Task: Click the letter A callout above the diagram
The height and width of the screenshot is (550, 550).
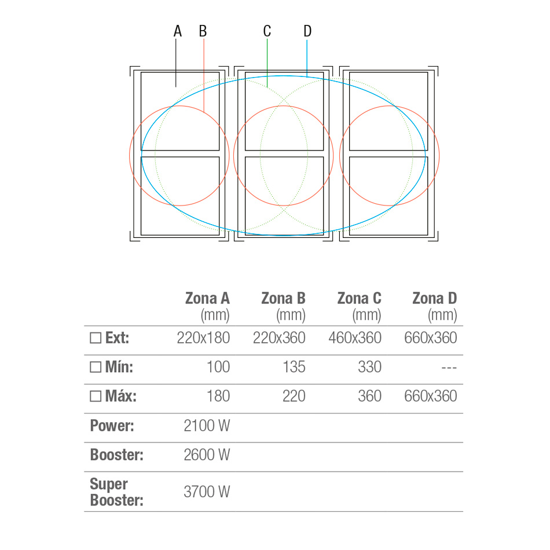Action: click(178, 31)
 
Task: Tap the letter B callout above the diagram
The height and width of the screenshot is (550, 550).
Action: click(203, 31)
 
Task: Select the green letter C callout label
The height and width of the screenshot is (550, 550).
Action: click(267, 31)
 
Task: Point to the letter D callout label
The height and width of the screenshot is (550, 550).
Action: click(307, 31)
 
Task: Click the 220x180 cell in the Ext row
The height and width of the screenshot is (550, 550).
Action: click(203, 338)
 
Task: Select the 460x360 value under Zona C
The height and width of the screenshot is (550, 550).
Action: click(355, 338)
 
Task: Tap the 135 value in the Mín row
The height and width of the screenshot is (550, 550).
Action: click(294, 367)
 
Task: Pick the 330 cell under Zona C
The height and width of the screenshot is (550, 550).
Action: click(370, 367)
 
